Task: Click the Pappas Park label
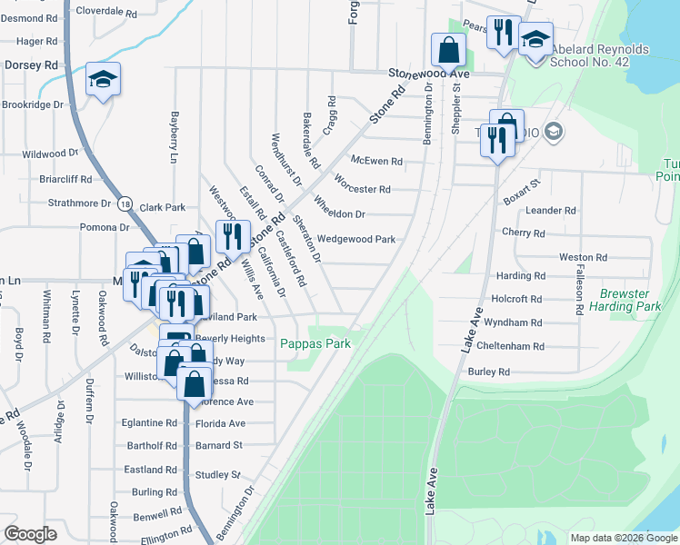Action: click(315, 343)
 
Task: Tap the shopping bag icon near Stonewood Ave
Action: click(449, 49)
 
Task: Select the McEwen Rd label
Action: click(383, 162)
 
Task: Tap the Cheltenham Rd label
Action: click(514, 346)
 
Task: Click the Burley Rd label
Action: click(488, 372)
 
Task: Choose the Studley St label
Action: click(217, 475)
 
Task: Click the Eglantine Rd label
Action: click(151, 423)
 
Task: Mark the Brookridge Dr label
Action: click(32, 104)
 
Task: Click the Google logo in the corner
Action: click(30, 534)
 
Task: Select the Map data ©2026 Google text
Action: click(623, 538)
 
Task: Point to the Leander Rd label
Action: click(557, 210)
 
